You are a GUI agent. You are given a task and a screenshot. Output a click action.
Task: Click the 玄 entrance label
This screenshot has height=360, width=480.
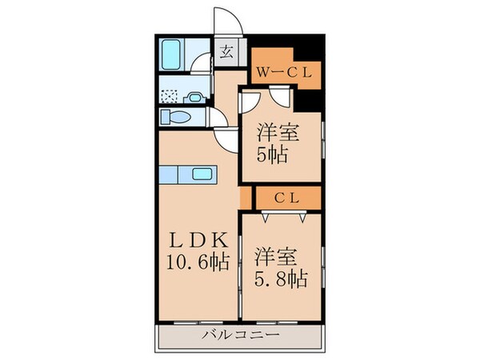click(x=226, y=55)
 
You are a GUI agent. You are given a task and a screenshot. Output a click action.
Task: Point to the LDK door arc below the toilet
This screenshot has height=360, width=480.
click(x=226, y=140)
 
